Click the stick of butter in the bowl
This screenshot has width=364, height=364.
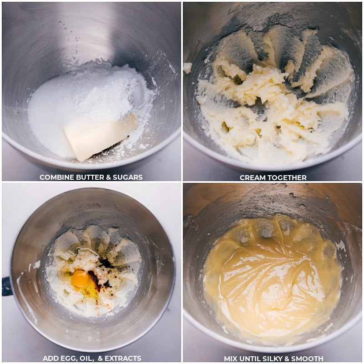pyautogui.click(x=100, y=136)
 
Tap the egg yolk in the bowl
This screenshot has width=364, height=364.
pyautogui.click(x=80, y=278)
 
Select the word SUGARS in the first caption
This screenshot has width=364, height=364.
pyautogui.click(x=127, y=177)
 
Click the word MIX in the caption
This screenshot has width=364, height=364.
pyautogui.click(x=231, y=359)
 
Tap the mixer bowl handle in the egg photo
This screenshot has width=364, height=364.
pyautogui.click(x=6, y=286)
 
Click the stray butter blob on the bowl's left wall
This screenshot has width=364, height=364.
pyautogui.click(x=187, y=68)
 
